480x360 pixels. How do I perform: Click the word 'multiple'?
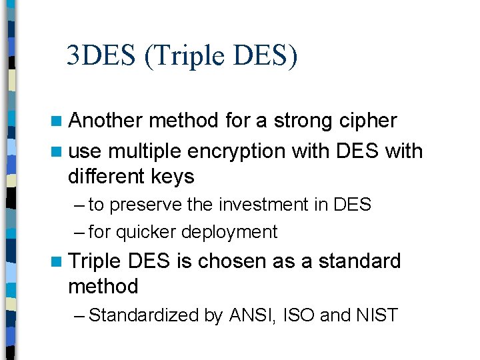pos(144,151)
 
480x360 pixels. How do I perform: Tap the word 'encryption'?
pos(238,152)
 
